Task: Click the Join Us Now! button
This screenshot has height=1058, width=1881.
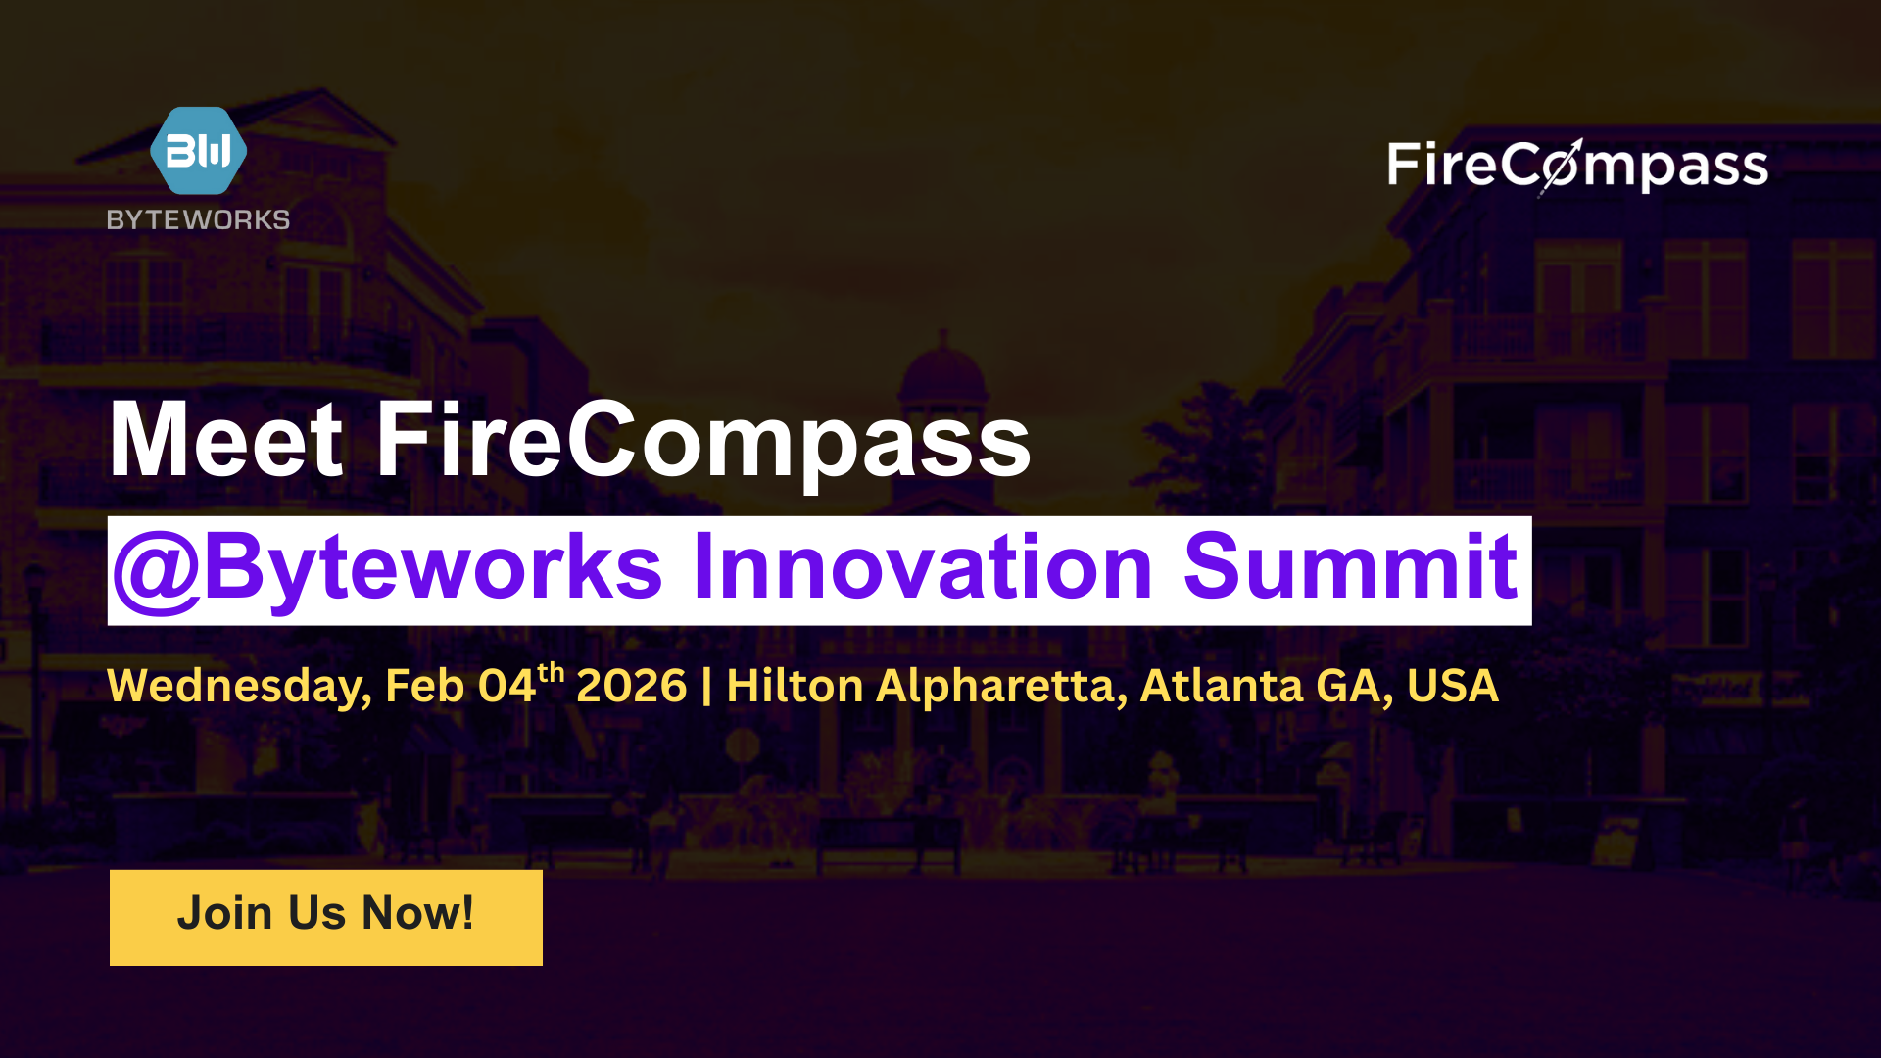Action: point(326,917)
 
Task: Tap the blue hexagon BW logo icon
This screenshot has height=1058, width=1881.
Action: point(198,151)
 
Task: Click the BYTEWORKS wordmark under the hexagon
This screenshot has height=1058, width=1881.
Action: point(198,219)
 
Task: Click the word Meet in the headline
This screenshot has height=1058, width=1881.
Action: point(226,441)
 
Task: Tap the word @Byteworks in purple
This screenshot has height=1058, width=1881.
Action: point(388,568)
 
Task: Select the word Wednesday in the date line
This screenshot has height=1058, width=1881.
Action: point(239,686)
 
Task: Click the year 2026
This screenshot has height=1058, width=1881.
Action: point(631,686)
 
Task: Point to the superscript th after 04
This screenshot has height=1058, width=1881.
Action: point(551,672)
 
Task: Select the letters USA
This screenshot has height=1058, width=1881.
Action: point(1452,686)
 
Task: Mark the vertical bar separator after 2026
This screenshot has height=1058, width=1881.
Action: point(706,686)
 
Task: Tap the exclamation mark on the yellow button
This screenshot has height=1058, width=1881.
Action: point(467,913)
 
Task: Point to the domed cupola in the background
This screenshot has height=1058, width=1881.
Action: point(942,377)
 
